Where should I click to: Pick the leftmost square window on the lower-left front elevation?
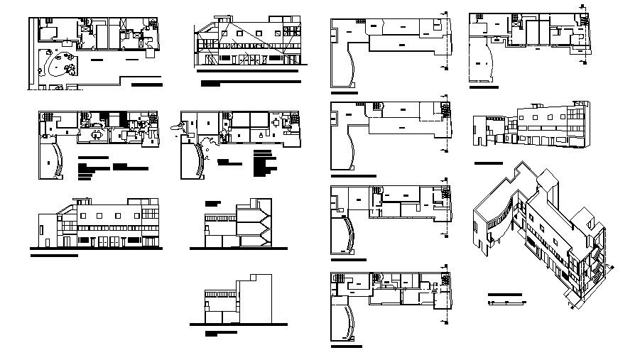coord(84,214)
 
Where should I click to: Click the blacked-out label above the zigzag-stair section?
coord(213,201)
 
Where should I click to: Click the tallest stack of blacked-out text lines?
coord(264,163)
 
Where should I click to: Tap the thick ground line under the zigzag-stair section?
coord(237,249)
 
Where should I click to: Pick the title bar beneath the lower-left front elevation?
coord(54,253)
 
